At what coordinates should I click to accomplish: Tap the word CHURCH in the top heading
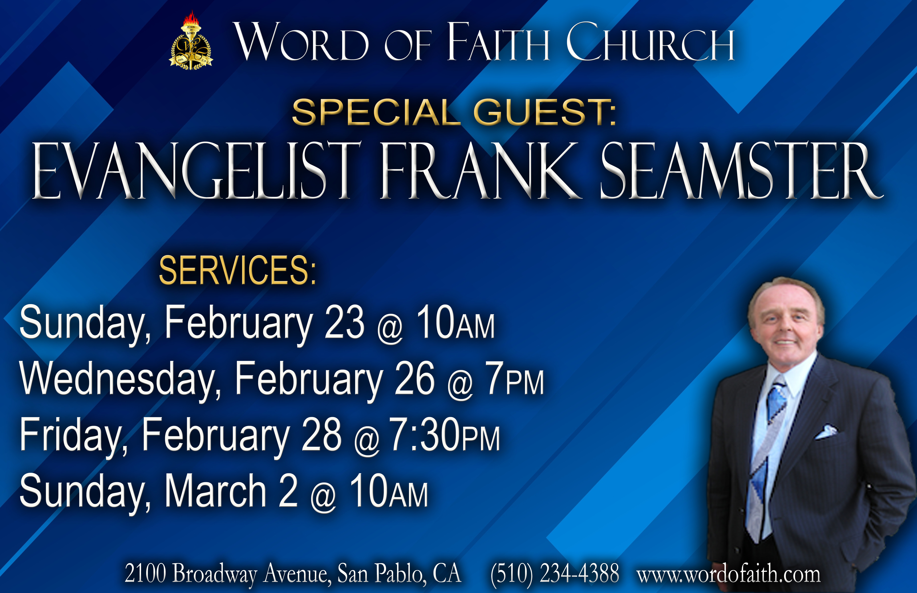(x=650, y=42)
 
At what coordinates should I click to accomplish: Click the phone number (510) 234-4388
(x=555, y=574)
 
